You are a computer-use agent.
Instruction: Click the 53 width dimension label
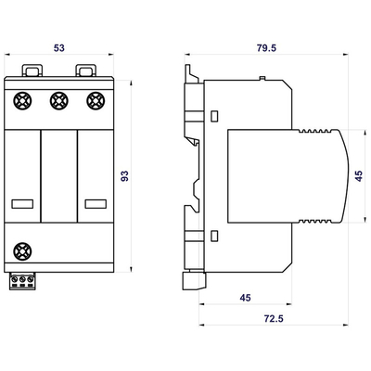[x=59, y=48]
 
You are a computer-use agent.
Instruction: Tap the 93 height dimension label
[x=124, y=176]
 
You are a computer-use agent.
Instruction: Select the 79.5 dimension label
[x=266, y=48]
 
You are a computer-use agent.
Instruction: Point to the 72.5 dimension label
[x=274, y=318]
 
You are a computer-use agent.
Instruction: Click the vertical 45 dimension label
[x=359, y=176]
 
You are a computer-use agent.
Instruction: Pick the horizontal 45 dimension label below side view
[x=245, y=298]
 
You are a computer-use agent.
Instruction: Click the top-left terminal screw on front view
[x=22, y=101]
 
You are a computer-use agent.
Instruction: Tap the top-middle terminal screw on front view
[x=59, y=101]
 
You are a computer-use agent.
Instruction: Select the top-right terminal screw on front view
[x=96, y=101]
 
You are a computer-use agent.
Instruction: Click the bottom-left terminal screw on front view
[x=22, y=251]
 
